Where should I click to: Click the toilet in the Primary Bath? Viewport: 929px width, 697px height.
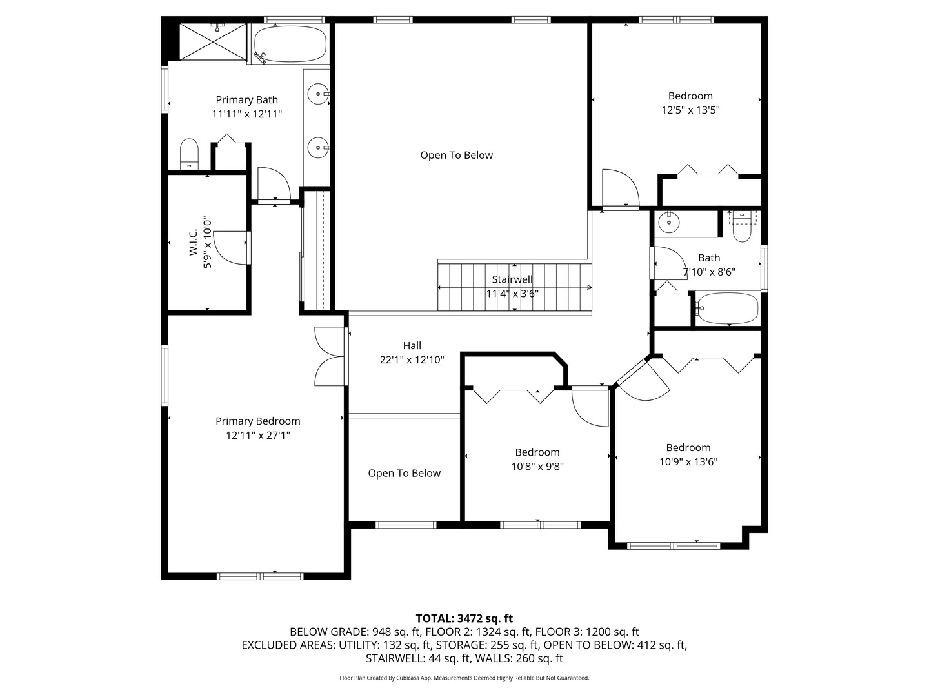[x=188, y=153]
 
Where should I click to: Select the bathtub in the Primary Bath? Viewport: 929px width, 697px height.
[x=289, y=44]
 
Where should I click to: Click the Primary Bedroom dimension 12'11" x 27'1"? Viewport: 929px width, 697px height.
[x=258, y=436]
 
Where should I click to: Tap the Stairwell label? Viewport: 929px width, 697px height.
[x=512, y=279]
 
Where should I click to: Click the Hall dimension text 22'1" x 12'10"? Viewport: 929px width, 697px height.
[x=412, y=360]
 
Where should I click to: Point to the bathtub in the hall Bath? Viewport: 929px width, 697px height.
[x=727, y=308]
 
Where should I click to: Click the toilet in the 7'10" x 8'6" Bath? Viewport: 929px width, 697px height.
[x=742, y=227]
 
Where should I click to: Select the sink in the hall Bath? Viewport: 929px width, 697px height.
[x=669, y=223]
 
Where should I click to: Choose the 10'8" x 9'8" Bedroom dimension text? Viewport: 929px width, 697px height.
[x=537, y=467]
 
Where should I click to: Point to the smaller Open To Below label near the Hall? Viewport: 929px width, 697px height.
[x=404, y=473]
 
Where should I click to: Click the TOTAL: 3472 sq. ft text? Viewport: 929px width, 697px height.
[x=464, y=618]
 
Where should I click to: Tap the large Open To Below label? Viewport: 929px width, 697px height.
[x=456, y=155]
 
